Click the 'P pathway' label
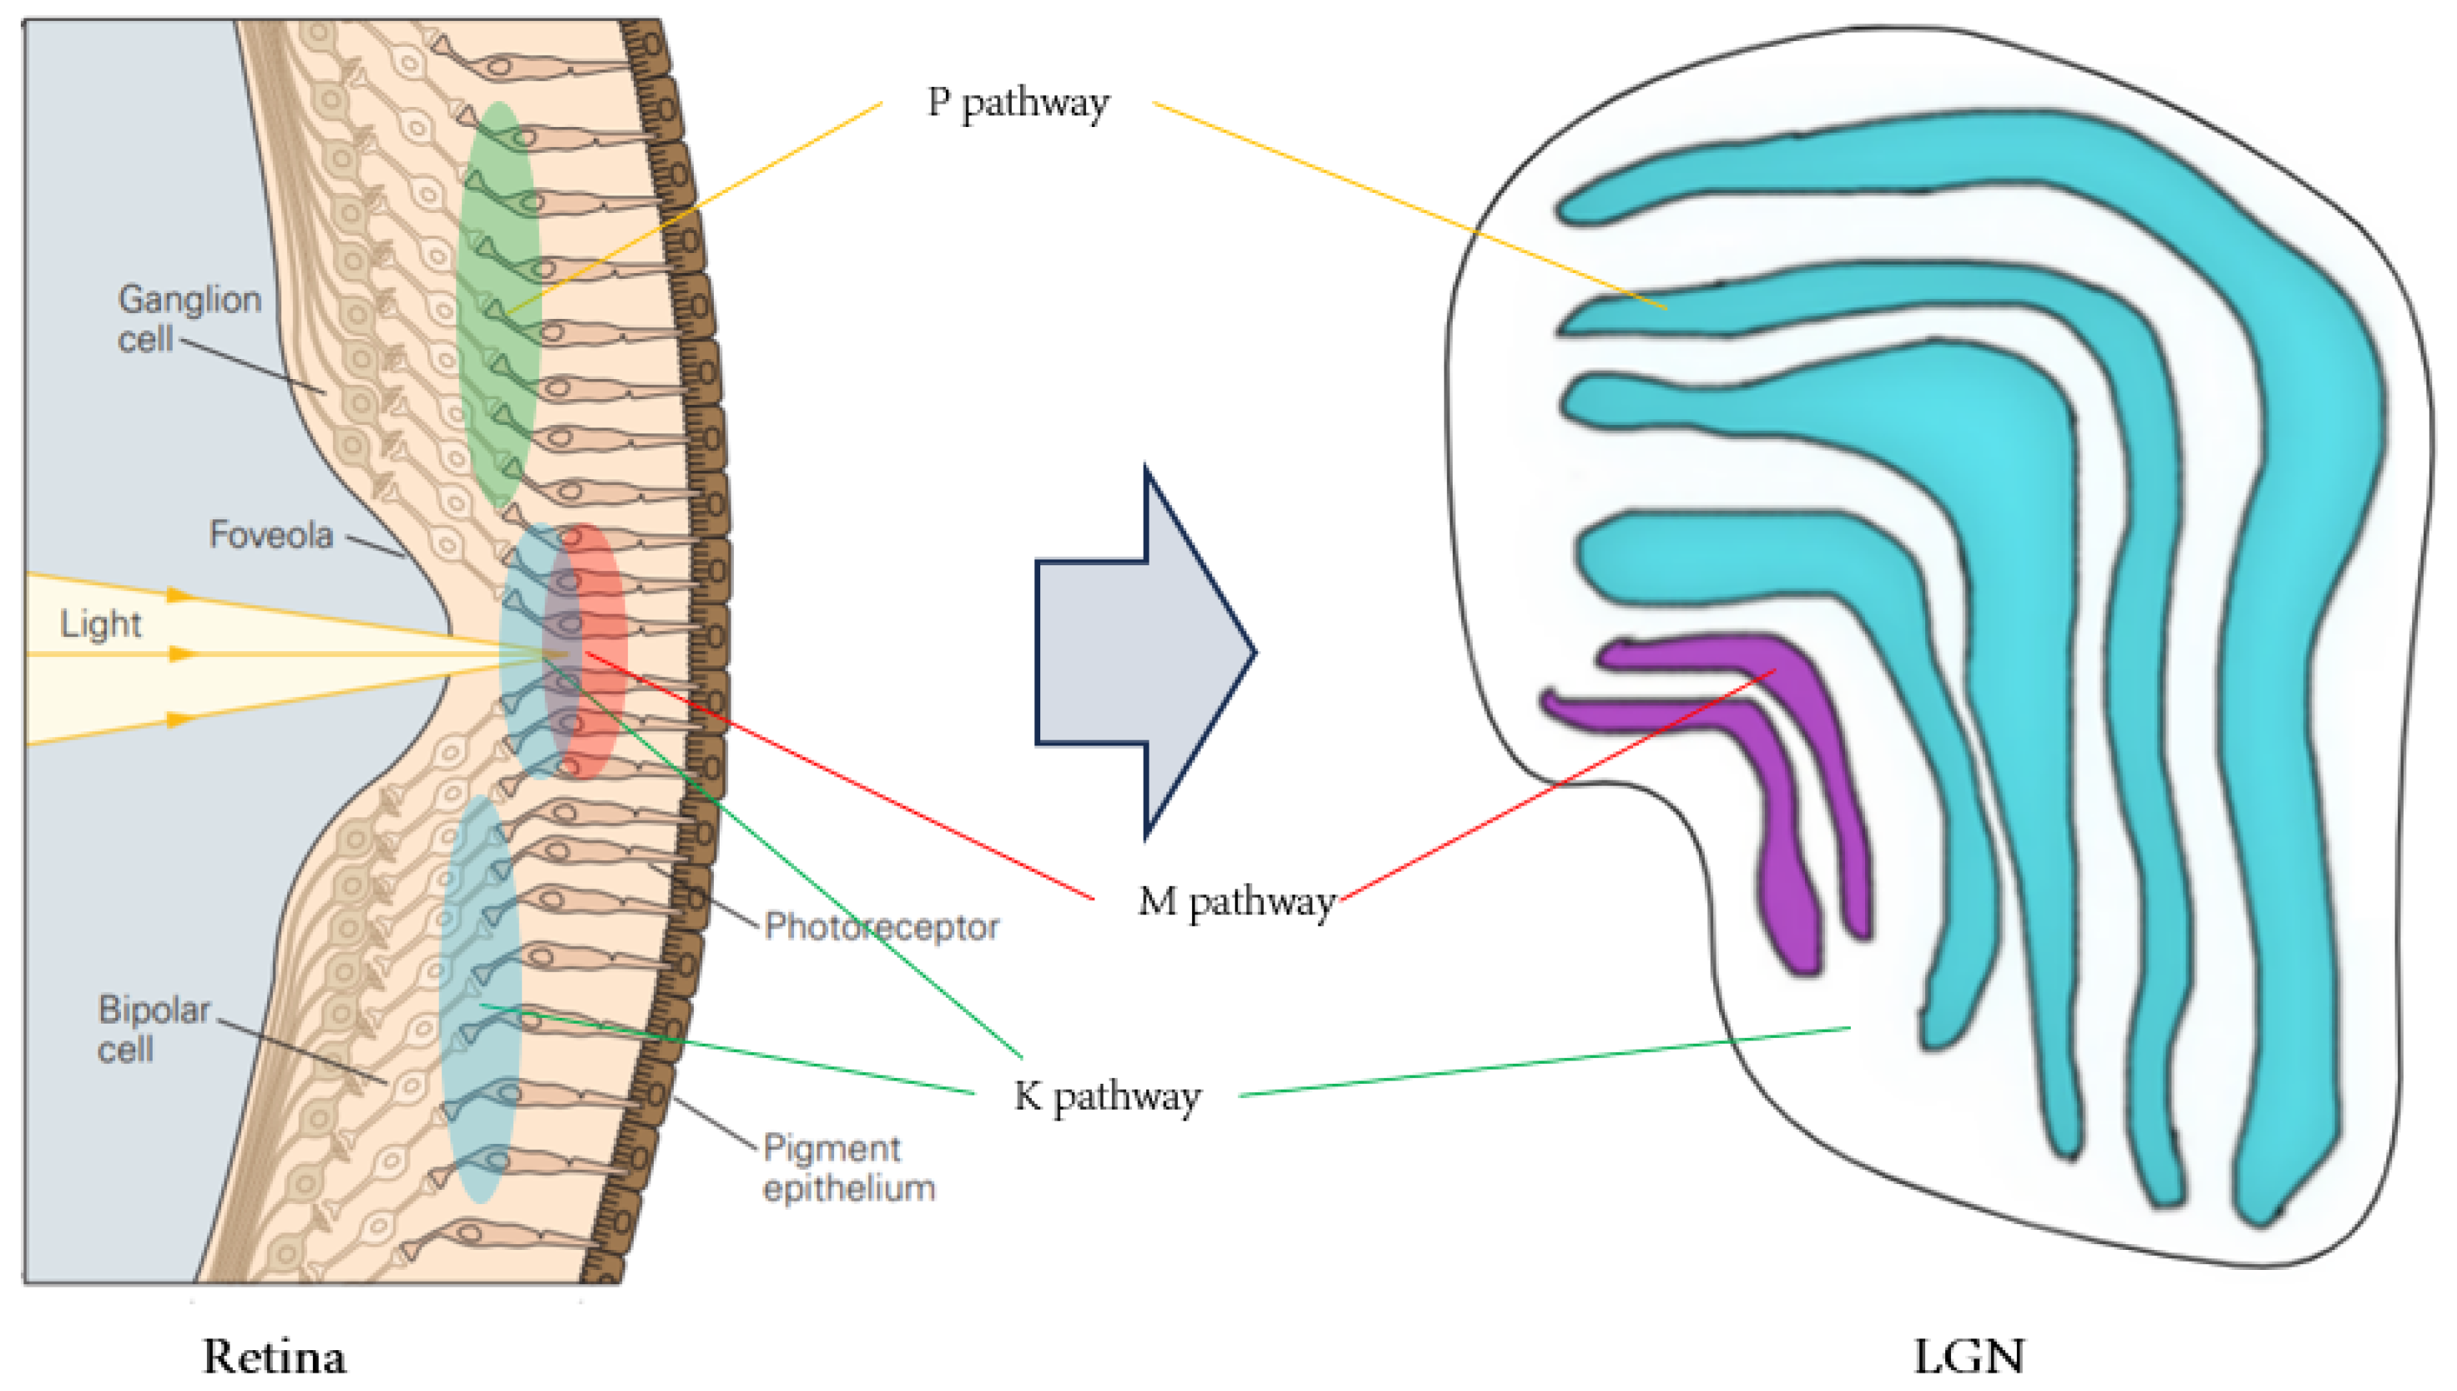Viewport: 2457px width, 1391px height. coord(1018,104)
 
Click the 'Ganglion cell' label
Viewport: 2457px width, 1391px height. coord(190,318)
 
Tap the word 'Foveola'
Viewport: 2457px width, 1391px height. coord(271,535)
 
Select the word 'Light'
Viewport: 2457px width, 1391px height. coord(100,624)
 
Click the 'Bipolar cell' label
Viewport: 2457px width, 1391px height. coord(153,1029)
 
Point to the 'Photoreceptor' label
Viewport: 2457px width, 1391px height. coord(881,927)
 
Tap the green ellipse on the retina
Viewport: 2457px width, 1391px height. coord(498,306)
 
